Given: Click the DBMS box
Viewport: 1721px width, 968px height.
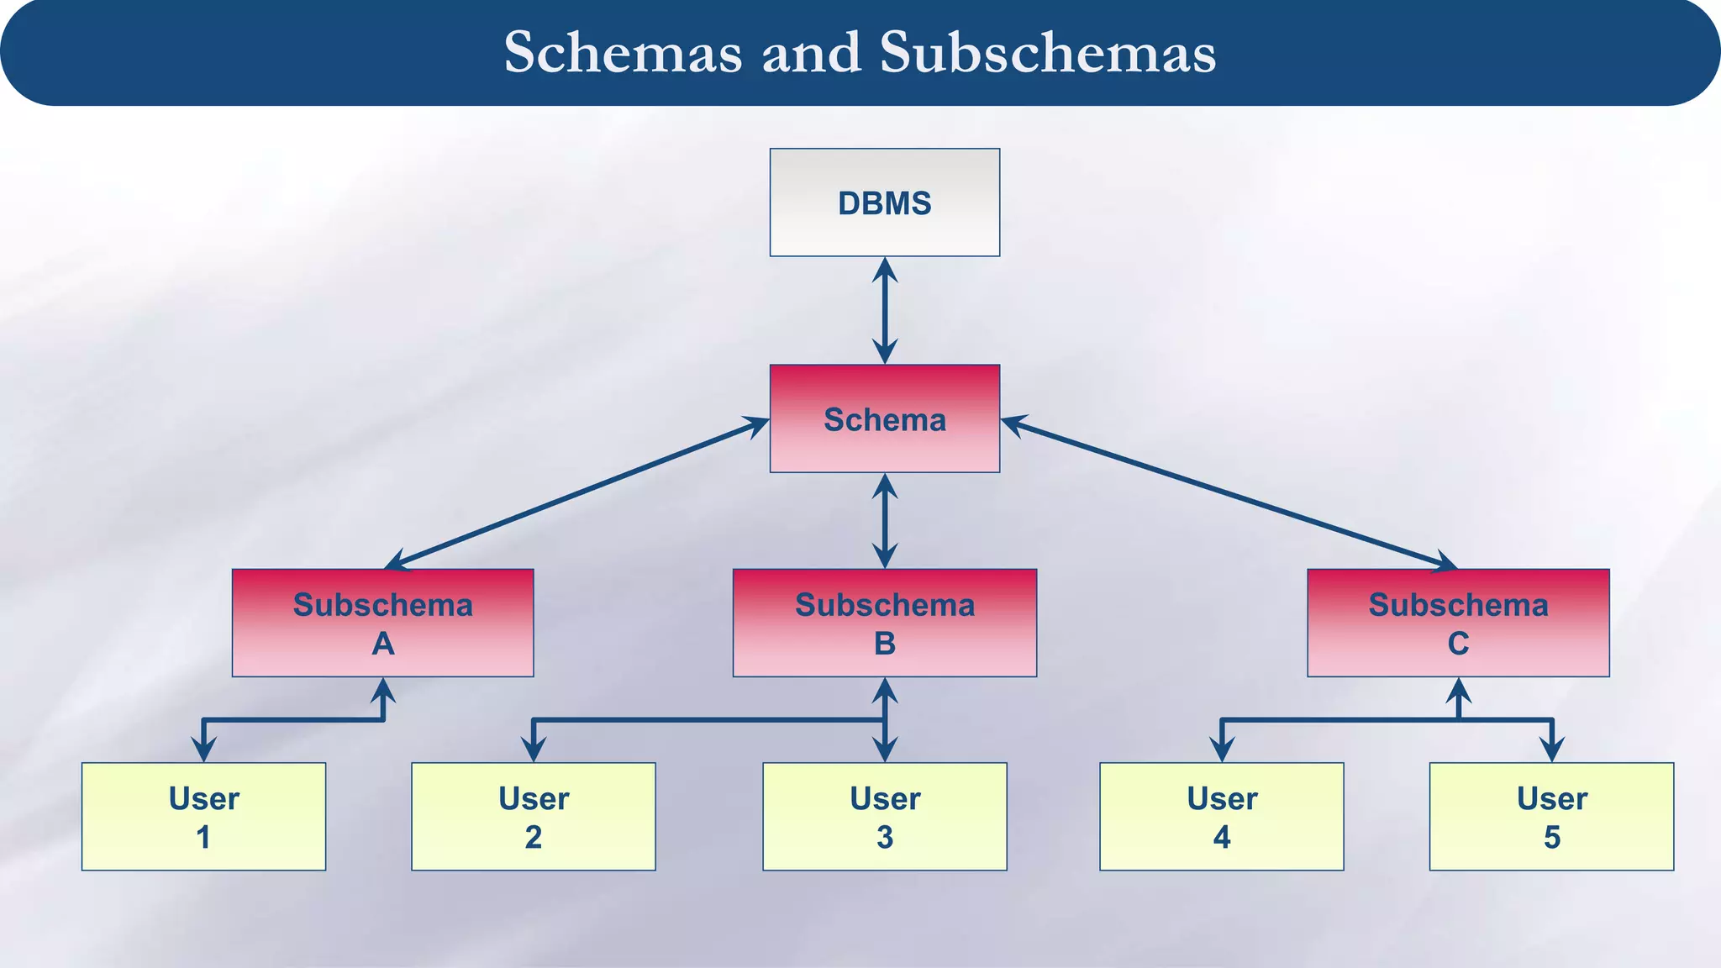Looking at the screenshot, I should (x=884, y=203).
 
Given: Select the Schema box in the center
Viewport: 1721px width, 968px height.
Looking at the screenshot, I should (x=884, y=418).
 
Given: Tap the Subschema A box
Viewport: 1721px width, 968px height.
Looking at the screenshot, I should (x=382, y=623).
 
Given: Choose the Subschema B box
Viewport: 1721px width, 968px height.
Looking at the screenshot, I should (x=884, y=623).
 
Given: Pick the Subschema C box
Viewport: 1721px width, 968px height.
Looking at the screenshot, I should (x=1458, y=623).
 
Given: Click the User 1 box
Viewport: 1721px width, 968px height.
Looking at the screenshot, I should (x=203, y=816).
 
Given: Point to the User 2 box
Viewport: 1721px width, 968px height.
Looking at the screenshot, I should (x=533, y=816).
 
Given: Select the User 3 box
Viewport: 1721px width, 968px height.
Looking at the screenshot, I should (x=884, y=816).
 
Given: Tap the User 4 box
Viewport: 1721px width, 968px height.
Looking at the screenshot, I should (x=1221, y=816).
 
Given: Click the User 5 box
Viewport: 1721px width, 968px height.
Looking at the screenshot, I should (x=1551, y=816).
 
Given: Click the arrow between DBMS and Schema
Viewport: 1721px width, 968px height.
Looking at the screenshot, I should (x=885, y=310).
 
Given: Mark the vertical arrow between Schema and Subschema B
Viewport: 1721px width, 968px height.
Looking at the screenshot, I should (x=885, y=521).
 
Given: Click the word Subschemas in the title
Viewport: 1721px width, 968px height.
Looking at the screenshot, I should (x=1047, y=53).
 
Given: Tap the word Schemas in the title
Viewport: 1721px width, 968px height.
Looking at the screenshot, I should (x=623, y=53).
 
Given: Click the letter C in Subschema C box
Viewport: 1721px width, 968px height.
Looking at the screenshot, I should (x=1458, y=644).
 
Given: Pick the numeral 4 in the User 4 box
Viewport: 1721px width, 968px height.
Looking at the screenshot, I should (x=1222, y=837).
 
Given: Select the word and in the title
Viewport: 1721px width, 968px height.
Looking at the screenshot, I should (x=811, y=53).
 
